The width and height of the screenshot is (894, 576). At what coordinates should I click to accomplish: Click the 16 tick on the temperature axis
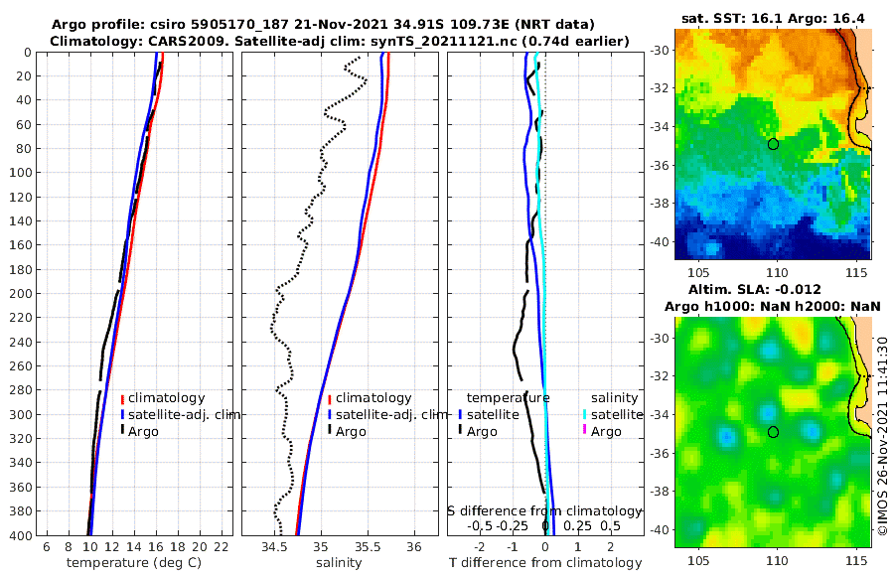tap(155, 547)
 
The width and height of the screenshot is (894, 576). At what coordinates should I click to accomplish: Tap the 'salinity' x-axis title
tap(339, 563)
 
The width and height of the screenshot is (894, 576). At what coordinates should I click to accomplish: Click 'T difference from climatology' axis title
tap(545, 563)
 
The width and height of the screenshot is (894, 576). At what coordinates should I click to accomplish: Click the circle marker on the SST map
tap(774, 144)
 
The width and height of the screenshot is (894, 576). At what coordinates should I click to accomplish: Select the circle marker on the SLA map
tap(774, 432)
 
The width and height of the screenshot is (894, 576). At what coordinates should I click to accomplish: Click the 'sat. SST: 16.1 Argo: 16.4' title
tap(773, 18)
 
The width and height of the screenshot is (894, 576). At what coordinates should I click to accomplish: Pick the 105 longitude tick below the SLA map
tap(699, 561)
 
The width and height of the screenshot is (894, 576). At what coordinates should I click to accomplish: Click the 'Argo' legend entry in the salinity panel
tap(351, 431)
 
